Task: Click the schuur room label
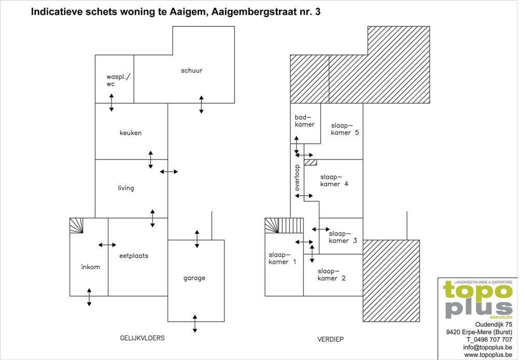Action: pyautogui.click(x=191, y=71)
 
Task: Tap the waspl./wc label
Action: pyautogui.click(x=118, y=80)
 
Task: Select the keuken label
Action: pyautogui.click(x=131, y=133)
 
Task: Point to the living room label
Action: pyautogui.click(x=126, y=188)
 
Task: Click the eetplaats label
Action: pyautogui.click(x=134, y=256)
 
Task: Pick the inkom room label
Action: pyautogui.click(x=90, y=267)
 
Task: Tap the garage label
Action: pyautogui.click(x=194, y=278)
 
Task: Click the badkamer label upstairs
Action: pyautogui.click(x=305, y=121)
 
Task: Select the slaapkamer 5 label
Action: pyautogui.click(x=345, y=129)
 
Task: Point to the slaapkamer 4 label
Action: pyautogui.click(x=334, y=181)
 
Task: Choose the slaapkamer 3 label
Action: pyautogui.click(x=343, y=237)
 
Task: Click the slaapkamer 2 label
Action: pyautogui.click(x=331, y=274)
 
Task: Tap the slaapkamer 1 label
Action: pyautogui.click(x=282, y=258)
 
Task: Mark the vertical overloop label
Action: pyautogui.click(x=297, y=178)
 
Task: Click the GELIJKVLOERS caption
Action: pyautogui.click(x=142, y=338)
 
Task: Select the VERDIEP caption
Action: pyautogui.click(x=330, y=340)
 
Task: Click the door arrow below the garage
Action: pyautogui.click(x=195, y=324)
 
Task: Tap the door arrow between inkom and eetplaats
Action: pyautogui.click(x=107, y=245)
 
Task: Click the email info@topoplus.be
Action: pyautogui.click(x=488, y=347)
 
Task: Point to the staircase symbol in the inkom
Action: pyautogui.click(x=76, y=226)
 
